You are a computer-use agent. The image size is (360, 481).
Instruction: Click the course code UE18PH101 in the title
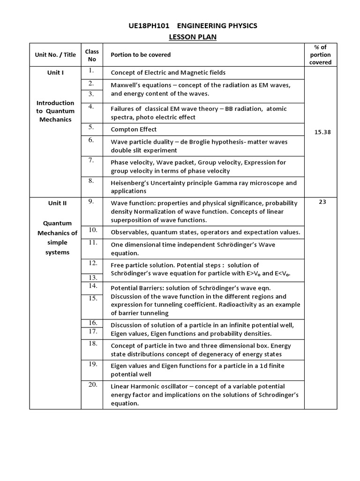[x=149, y=26]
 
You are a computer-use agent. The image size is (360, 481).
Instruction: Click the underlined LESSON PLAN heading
[x=193, y=37]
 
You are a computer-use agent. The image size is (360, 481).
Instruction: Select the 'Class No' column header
[x=92, y=55]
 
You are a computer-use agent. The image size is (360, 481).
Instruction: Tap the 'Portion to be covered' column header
[x=141, y=55]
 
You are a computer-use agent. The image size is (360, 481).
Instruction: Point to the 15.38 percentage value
[x=322, y=132]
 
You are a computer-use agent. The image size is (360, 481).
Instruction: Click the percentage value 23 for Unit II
[x=322, y=202]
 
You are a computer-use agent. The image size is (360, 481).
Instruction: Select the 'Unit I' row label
[x=55, y=73]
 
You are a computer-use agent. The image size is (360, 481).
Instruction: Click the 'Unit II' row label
[x=57, y=203]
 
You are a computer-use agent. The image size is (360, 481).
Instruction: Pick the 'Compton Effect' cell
[x=134, y=130]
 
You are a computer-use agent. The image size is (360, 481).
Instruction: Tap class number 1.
[x=91, y=71]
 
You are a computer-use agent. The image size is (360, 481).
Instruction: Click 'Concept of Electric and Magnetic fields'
[x=168, y=73]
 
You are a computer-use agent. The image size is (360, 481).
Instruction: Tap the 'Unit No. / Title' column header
[x=55, y=55]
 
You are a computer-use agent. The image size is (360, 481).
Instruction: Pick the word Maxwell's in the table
[x=126, y=85]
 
